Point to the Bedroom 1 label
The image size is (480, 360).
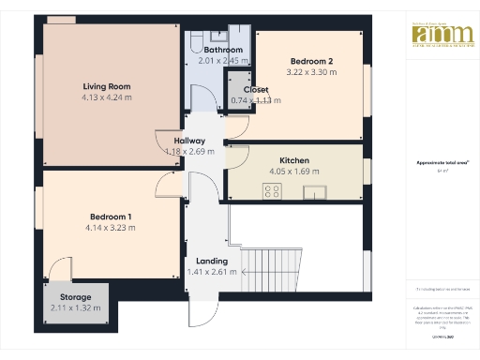click(110, 217)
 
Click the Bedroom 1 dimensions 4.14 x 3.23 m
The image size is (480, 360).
click(110, 228)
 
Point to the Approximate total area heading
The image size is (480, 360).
click(436, 162)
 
